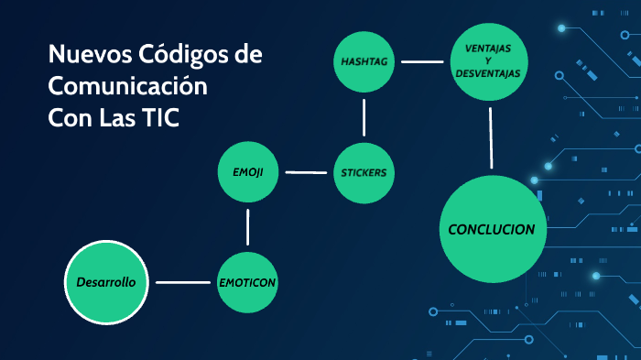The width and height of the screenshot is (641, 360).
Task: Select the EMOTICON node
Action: tap(247, 282)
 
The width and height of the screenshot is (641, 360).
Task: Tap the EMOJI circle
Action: tap(248, 172)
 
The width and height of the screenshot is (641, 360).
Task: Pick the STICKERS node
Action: tap(364, 172)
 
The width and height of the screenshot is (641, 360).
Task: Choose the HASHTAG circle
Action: tap(364, 61)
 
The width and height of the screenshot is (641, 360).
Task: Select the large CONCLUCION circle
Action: tap(492, 229)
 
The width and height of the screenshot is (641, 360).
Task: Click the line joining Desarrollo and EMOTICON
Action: tap(182, 282)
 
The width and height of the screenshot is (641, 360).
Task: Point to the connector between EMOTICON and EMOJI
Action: tap(248, 226)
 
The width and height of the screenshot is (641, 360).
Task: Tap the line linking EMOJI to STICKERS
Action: tap(306, 172)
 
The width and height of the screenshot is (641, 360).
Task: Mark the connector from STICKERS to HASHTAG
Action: tap(364, 116)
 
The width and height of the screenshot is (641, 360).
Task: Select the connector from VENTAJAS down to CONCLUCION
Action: tap(491, 137)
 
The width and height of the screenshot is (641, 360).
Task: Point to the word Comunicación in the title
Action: tap(127, 88)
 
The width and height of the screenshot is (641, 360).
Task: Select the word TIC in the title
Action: tap(159, 120)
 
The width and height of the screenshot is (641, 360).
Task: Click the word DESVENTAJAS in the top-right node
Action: tap(488, 72)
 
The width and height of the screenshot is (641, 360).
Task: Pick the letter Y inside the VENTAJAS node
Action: tap(488, 60)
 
